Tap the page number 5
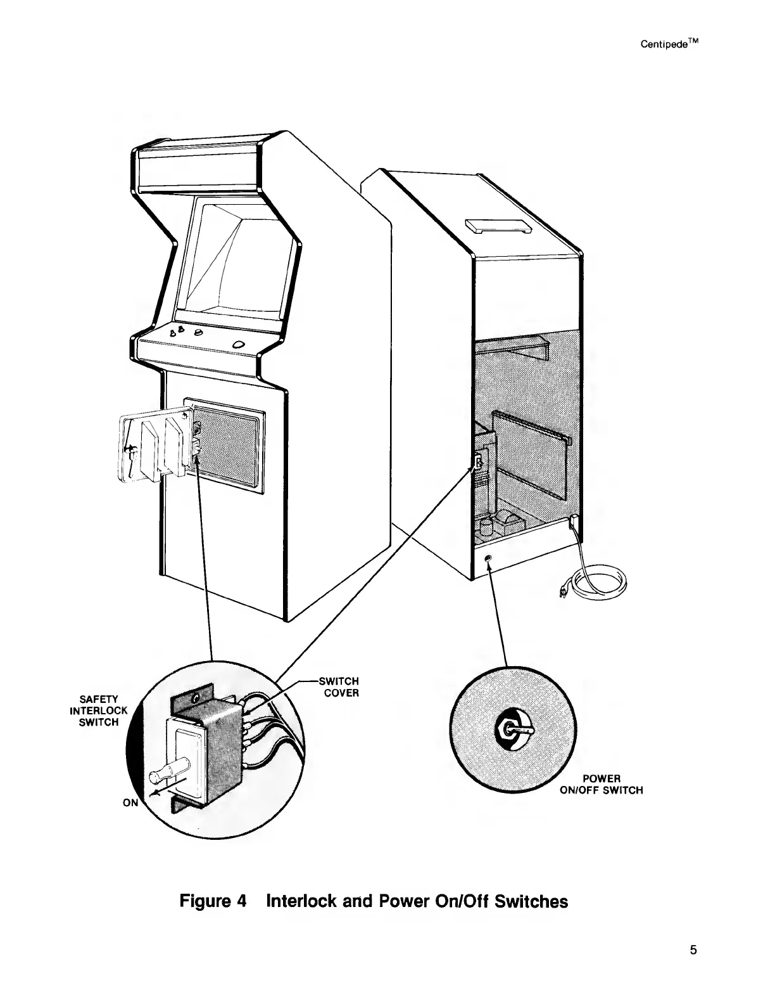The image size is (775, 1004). click(x=693, y=949)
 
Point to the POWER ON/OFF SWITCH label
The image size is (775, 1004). click(x=602, y=784)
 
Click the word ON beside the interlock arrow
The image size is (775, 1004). click(x=130, y=802)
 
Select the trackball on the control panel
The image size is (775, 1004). click(x=239, y=344)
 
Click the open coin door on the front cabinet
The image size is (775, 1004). click(x=154, y=445)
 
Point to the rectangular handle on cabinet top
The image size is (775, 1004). click(x=496, y=225)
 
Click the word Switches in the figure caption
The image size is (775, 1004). click(x=532, y=900)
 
